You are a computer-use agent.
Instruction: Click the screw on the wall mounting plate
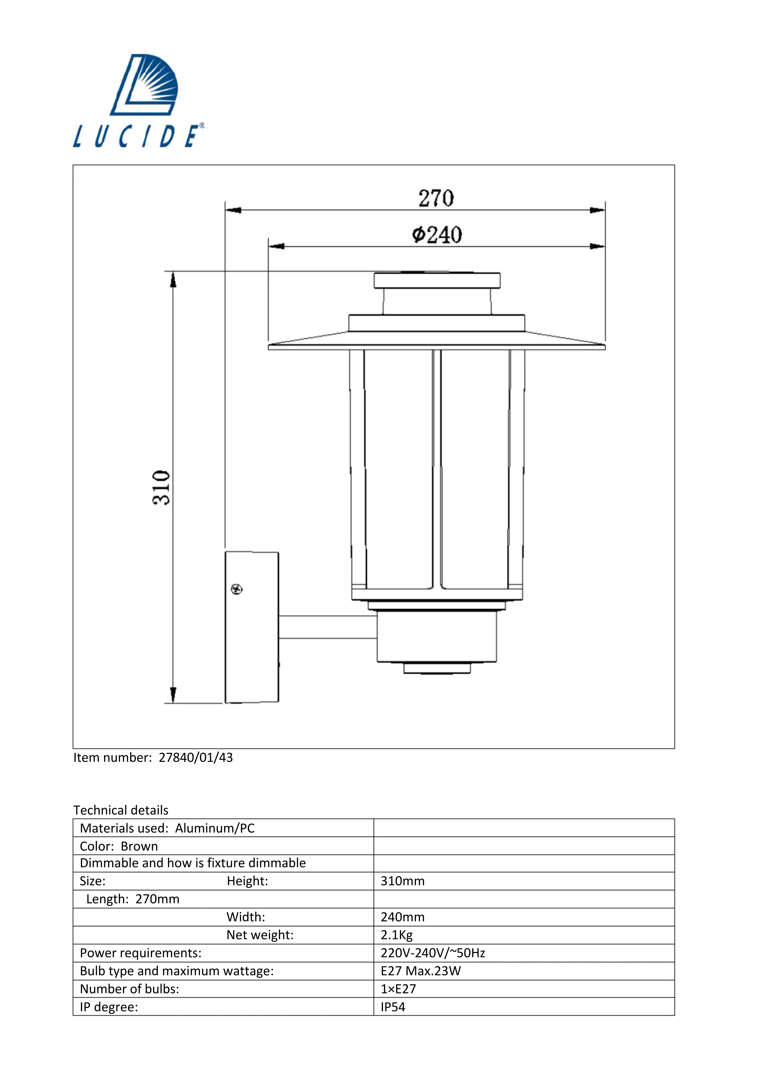tap(237, 589)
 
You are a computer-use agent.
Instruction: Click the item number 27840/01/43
tap(196, 758)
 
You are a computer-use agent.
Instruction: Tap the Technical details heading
tap(121, 810)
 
